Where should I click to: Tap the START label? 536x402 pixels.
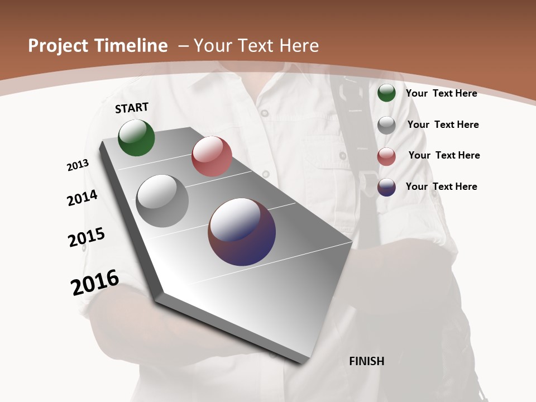click(132, 108)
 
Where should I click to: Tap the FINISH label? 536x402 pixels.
click(367, 361)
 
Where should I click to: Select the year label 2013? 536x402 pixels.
click(78, 165)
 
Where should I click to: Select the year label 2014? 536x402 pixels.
click(83, 198)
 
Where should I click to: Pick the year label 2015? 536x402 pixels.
click(87, 237)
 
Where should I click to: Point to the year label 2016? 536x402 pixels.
click(95, 283)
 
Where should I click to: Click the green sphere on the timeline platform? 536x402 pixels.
click(136, 137)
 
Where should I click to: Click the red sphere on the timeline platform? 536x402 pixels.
click(212, 156)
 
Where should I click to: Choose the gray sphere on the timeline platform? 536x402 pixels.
click(162, 201)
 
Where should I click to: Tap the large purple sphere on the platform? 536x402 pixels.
click(242, 232)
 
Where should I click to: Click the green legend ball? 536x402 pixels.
click(386, 93)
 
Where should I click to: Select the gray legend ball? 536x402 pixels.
click(386, 125)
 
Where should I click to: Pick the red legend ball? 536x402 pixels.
click(386, 156)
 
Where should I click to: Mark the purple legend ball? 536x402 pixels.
click(386, 187)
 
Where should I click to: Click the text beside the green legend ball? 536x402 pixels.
click(441, 93)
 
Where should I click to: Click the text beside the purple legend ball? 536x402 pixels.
click(441, 186)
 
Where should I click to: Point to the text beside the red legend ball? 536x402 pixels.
click(444, 155)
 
